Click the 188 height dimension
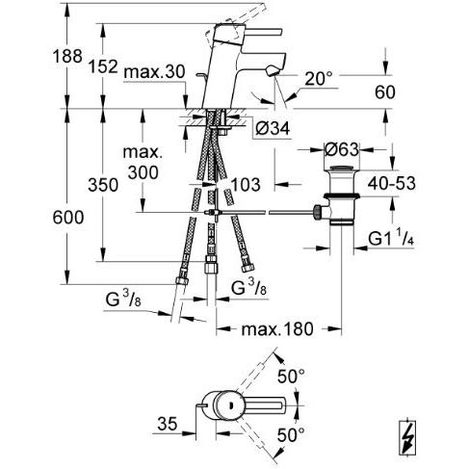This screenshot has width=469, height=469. [67, 56]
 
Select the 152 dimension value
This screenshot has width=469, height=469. [103, 66]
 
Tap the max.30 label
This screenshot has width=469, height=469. [154, 72]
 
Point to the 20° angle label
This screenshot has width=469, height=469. [319, 79]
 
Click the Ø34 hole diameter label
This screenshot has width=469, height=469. [273, 128]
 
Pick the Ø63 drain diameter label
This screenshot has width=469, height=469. [341, 149]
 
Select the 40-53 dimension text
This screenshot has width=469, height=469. [392, 183]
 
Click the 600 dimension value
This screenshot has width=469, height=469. [68, 218]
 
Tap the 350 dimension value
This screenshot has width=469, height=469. [103, 185]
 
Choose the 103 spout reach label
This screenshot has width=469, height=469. [246, 185]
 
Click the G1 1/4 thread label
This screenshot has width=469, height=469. [391, 239]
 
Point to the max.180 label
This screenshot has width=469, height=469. [277, 329]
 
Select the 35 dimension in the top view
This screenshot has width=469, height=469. [167, 424]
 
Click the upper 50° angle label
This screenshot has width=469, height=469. [291, 377]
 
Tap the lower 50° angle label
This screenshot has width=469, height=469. [291, 435]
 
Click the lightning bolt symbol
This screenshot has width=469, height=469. [407, 437]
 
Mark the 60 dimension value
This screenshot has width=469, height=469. [385, 92]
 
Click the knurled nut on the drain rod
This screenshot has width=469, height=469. [318, 212]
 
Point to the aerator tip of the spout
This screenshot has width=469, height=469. [273, 70]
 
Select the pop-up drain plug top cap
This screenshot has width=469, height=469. [341, 168]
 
